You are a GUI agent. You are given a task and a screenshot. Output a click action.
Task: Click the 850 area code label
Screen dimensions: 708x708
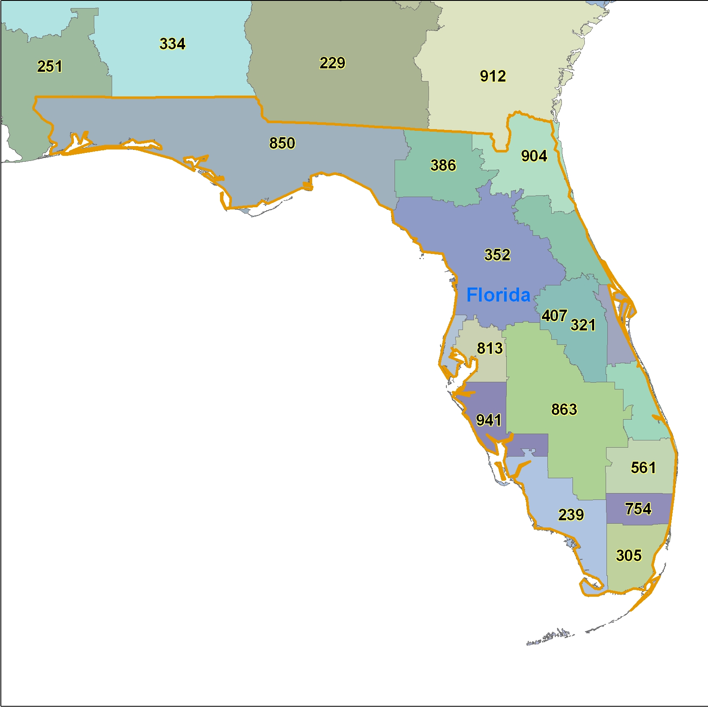[x=282, y=144]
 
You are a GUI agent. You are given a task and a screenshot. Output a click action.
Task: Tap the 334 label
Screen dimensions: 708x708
[x=172, y=44]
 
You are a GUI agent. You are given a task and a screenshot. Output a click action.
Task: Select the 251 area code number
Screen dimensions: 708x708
[x=50, y=67]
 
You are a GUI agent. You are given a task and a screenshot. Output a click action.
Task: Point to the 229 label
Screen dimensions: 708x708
[x=332, y=63]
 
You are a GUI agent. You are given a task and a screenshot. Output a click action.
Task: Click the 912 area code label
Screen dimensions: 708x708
[x=493, y=76]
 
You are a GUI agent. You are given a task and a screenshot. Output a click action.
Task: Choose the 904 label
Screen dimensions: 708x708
[x=534, y=156]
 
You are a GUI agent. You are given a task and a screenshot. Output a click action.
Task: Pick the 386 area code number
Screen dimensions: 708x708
[x=443, y=165]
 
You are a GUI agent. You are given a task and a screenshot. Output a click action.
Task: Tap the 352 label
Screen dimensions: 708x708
[x=497, y=255]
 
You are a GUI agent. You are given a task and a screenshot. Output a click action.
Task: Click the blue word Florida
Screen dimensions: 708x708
[x=498, y=295]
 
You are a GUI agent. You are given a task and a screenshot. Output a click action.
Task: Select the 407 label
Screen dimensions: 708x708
[x=554, y=316]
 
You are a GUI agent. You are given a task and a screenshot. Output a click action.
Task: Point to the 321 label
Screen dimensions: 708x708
[x=583, y=325]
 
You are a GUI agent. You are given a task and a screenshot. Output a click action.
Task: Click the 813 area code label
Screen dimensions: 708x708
[x=490, y=349]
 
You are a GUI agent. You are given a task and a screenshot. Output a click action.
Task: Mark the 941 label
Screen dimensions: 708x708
[x=489, y=420]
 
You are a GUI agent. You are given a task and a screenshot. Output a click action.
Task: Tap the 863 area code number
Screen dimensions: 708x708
[x=564, y=409]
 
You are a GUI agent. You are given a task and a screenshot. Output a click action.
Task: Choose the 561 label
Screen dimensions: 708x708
[x=643, y=468]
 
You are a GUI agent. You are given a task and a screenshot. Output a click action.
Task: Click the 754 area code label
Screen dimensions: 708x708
[x=638, y=509]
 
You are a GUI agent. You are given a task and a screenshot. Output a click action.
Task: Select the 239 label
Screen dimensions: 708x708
[x=571, y=515]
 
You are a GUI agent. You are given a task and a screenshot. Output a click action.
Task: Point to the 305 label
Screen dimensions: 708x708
[x=629, y=556]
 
